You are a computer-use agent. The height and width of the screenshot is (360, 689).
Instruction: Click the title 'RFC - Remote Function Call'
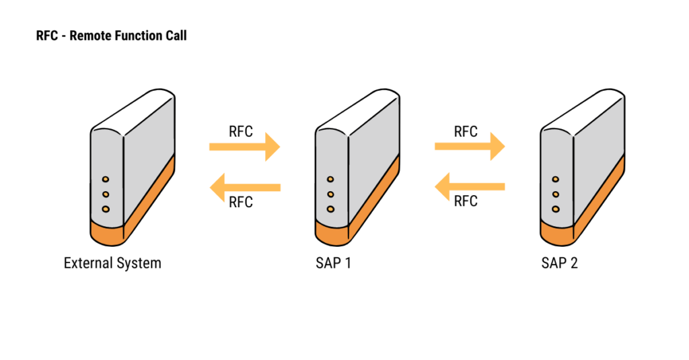[x=112, y=36]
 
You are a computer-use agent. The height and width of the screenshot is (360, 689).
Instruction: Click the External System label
[x=112, y=263]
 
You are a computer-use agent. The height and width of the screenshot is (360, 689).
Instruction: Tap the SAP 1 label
[x=333, y=263]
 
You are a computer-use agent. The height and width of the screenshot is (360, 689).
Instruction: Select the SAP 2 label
[x=559, y=263]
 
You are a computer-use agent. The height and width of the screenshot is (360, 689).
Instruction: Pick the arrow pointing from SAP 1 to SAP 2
[x=470, y=147]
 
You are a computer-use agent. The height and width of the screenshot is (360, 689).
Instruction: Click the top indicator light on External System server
[x=106, y=180]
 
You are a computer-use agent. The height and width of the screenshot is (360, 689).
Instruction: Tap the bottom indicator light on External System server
[x=106, y=209]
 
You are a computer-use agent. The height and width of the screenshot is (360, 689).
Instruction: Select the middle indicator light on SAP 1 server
[x=330, y=194]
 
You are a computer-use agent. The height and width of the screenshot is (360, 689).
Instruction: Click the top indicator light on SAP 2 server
[x=556, y=180]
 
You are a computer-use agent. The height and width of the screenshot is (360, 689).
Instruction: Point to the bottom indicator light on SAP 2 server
[x=556, y=209]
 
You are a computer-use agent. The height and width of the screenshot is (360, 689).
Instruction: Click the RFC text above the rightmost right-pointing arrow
[x=466, y=132]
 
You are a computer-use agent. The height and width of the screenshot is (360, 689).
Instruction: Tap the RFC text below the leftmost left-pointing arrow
[x=241, y=203]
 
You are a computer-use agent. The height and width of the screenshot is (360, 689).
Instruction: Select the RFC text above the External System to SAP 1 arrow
[x=241, y=132]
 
